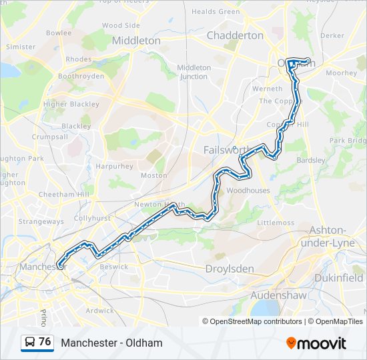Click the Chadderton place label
pos(235,35)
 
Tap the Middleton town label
pos(136,40)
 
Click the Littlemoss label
pos(276,223)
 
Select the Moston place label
pos(153,175)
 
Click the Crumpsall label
pos(49,137)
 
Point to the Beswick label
pos(113,267)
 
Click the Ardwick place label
pos(99,310)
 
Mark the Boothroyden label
pos(81,77)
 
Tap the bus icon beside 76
pos(30,343)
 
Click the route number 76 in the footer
pos(45,342)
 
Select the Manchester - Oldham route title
pos(111,343)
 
